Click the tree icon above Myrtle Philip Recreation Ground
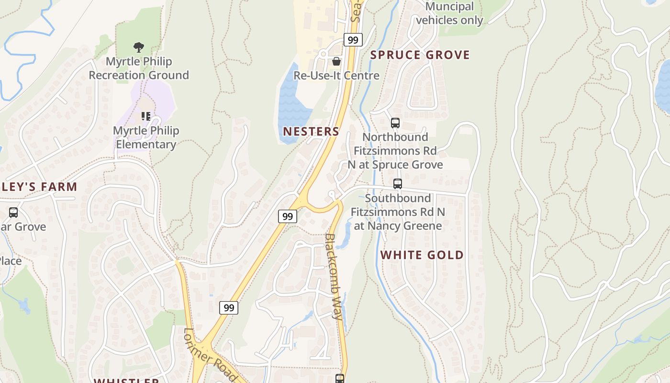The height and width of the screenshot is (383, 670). (139, 47)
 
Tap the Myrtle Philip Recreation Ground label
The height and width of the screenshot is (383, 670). (139, 68)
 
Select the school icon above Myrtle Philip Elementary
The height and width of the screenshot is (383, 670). (146, 116)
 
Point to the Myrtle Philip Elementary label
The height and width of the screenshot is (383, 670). (146, 137)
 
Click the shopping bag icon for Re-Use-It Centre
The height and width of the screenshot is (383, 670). (336, 61)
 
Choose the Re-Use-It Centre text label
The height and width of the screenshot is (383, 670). (336, 76)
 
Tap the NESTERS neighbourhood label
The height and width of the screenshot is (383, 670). (311, 131)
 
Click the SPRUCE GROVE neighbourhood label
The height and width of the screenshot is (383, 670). (420, 55)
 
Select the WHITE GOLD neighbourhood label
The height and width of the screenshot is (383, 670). (422, 255)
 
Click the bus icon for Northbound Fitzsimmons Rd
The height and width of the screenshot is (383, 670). (395, 123)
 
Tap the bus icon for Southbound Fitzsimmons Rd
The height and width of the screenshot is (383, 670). (398, 184)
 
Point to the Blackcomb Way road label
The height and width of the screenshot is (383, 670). (334, 276)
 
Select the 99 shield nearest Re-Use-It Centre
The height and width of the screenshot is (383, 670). (353, 40)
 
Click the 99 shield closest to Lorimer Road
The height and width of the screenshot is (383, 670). (229, 308)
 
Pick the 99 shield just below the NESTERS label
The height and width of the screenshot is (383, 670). (287, 216)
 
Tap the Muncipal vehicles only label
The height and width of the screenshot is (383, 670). (449, 13)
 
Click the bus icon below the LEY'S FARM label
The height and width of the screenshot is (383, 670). (13, 212)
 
